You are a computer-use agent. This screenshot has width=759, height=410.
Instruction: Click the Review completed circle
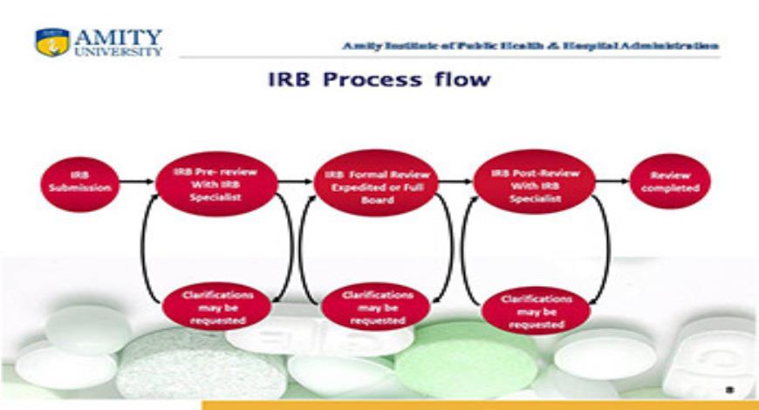click(670, 181)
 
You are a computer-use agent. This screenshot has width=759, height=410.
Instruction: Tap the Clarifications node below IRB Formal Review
click(376, 307)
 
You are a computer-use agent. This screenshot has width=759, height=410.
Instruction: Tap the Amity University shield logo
click(51, 43)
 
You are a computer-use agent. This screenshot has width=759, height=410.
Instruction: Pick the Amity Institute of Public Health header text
click(530, 44)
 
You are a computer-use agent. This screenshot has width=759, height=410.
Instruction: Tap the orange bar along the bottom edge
click(480, 405)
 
